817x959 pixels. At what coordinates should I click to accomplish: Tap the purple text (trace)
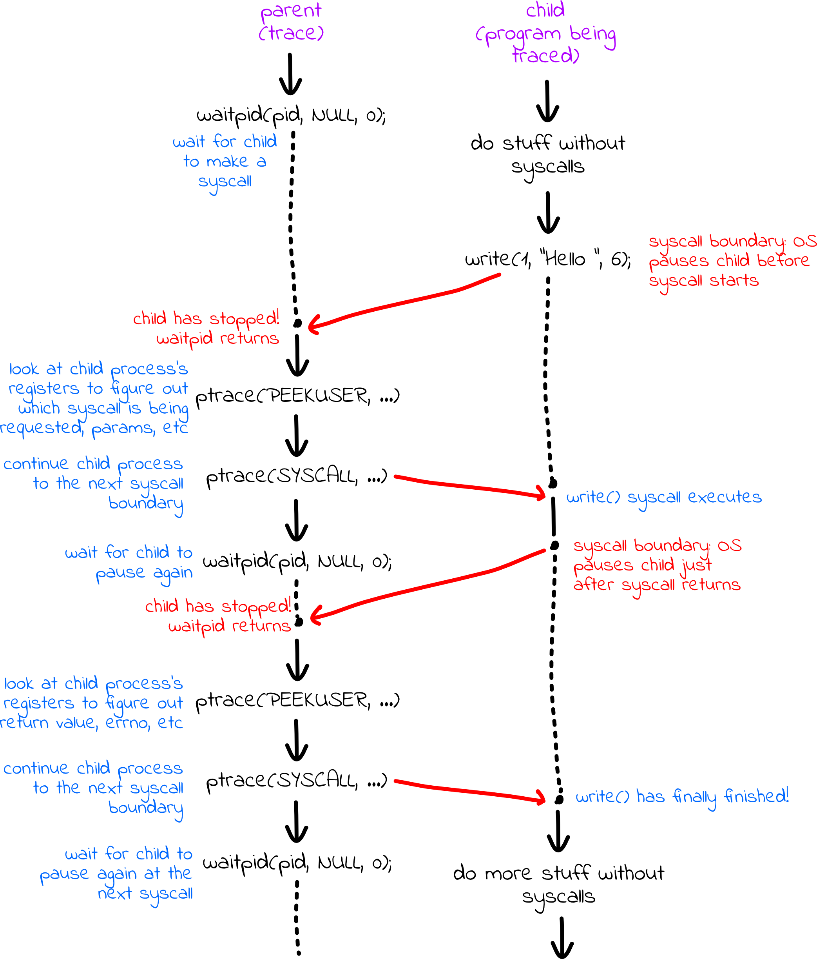click(x=291, y=33)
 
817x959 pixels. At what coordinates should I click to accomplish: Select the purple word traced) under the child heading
click(x=545, y=56)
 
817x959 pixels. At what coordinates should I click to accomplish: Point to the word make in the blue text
click(x=228, y=162)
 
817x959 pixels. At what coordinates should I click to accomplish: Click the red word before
click(x=783, y=261)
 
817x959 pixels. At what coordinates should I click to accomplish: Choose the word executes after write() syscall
click(x=725, y=497)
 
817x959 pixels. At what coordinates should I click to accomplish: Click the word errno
click(x=128, y=723)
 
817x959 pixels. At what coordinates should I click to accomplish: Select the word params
click(x=123, y=429)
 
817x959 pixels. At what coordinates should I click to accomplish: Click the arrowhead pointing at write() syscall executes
click(x=541, y=494)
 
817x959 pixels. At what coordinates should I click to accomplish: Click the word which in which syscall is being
click(x=39, y=408)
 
